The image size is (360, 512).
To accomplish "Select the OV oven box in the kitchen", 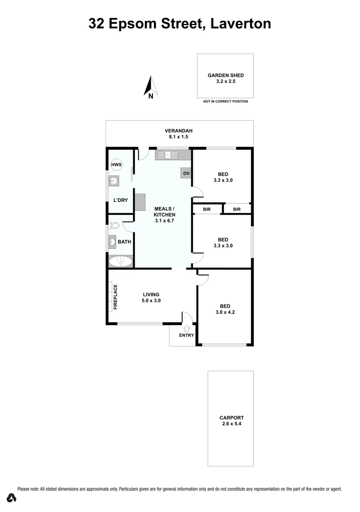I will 186,174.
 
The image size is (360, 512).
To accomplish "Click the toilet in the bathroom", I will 113,226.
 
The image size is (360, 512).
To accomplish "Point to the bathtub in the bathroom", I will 121,261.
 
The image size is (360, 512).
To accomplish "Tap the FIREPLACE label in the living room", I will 115,297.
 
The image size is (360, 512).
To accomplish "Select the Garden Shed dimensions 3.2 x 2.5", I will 225,82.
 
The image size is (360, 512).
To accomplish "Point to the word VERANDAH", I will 179,131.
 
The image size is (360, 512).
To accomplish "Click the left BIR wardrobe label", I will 207,209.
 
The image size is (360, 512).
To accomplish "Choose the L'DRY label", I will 120,200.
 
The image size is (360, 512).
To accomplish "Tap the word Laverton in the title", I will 241,23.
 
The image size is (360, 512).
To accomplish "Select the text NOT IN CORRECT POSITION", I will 225,101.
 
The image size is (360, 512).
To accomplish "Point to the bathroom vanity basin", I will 113,242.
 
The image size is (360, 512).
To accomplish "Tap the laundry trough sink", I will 113,180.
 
